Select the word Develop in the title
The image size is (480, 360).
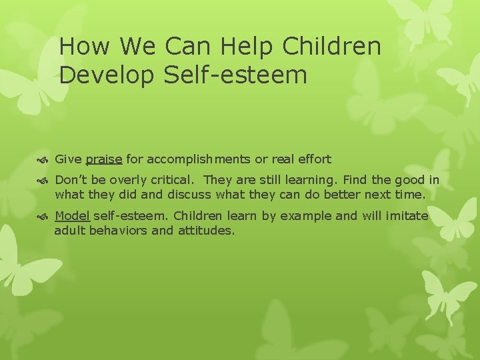click(x=107, y=75)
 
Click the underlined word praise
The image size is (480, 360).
click(x=103, y=160)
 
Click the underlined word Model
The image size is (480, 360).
click(x=72, y=216)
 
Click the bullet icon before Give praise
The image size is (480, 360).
click(x=45, y=160)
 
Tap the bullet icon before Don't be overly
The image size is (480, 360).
click(x=45, y=180)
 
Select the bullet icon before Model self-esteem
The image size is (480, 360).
click(x=45, y=216)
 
